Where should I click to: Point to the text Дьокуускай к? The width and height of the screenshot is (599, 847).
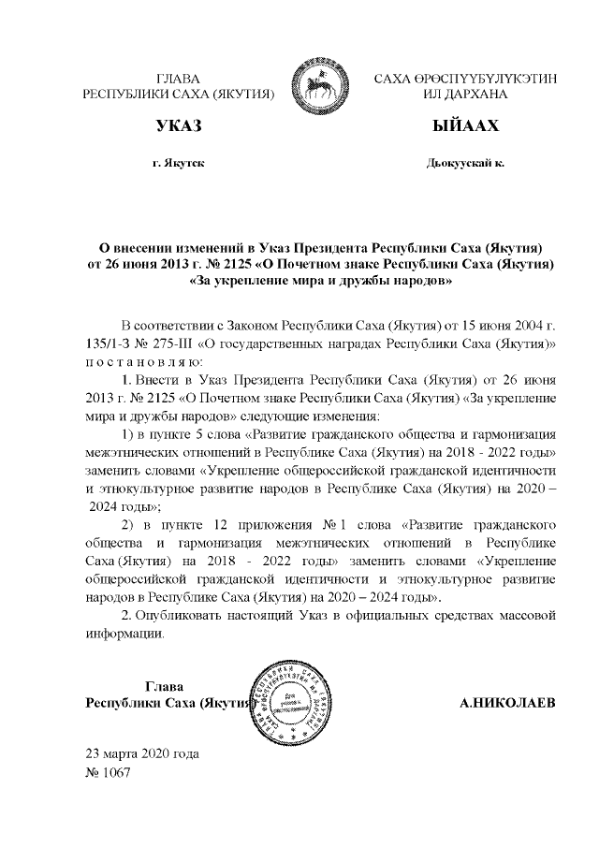pos(465,163)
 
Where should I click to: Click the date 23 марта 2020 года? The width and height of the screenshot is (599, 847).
pos(141,754)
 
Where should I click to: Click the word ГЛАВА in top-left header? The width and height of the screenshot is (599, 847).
pos(178,79)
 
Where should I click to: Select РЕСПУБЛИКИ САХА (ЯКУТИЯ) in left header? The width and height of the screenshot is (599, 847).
pos(178,95)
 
